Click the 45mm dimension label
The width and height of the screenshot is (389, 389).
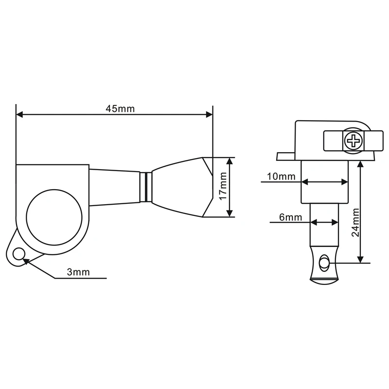[120, 109]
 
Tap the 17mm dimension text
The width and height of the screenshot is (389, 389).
[223, 187]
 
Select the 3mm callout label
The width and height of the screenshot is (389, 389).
[79, 272]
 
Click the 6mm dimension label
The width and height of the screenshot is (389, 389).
[290, 217]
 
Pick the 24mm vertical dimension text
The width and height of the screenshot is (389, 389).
[355, 222]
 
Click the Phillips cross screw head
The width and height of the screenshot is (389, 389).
[353, 141]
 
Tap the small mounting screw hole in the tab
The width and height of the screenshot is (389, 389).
[19, 254]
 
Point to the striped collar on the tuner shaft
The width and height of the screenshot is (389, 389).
[145, 186]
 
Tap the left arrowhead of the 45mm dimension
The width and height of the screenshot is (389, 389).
[19, 115]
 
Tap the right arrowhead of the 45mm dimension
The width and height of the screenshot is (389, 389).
[210, 115]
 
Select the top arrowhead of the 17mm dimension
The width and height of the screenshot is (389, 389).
[229, 160]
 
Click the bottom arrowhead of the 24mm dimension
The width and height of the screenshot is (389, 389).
[360, 260]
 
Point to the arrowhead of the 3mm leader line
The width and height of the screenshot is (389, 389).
[26, 260]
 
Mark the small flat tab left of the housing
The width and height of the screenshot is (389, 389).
[286, 156]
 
